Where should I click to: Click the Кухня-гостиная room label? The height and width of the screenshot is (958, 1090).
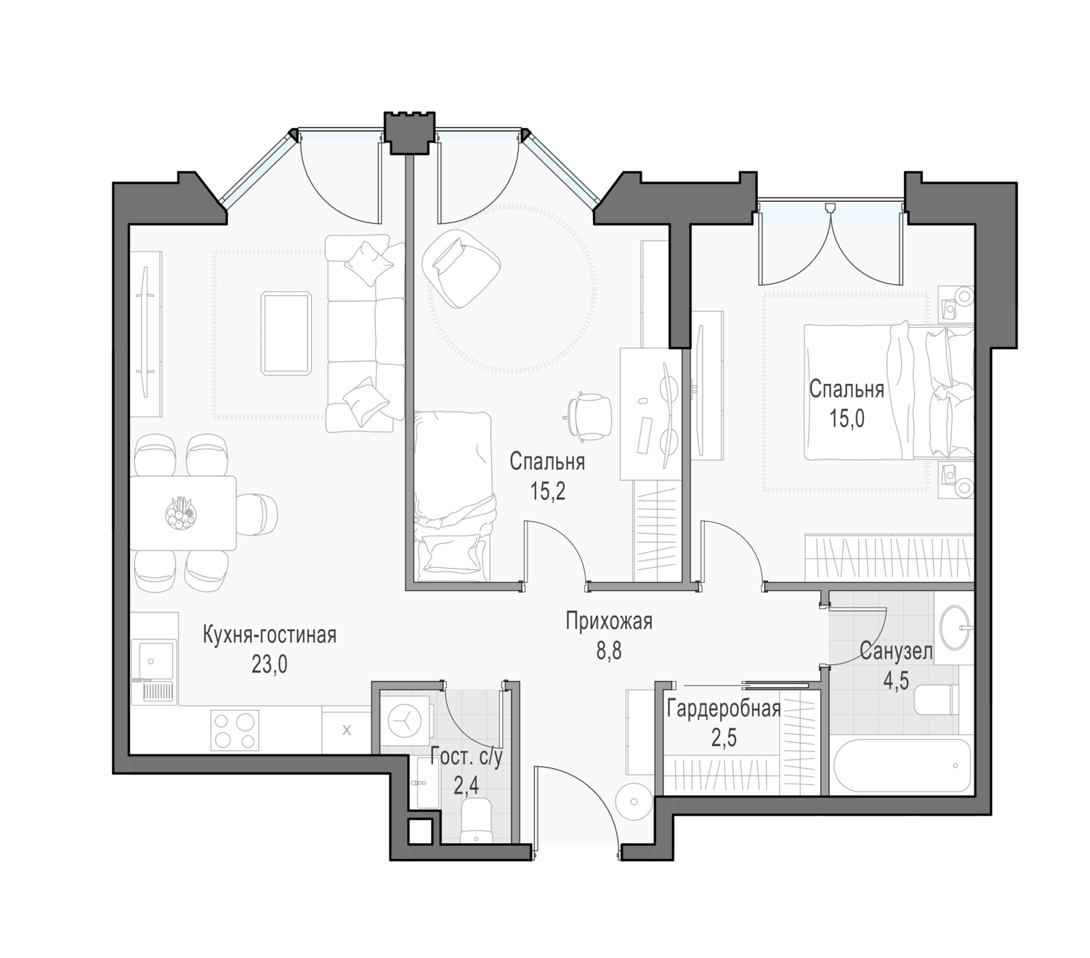tap(269, 635)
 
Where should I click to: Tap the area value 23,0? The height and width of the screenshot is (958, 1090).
tap(269, 664)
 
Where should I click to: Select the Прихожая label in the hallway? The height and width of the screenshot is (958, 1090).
tap(608, 621)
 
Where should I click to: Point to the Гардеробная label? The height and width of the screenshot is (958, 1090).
tap(723, 709)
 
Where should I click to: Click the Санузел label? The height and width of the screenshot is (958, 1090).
tap(896, 652)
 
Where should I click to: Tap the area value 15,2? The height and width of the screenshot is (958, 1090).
tap(547, 491)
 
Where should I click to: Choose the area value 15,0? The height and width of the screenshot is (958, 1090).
tap(847, 418)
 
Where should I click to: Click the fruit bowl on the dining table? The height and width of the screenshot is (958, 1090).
tap(182, 513)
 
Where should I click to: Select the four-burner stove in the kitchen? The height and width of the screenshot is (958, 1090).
tap(234, 730)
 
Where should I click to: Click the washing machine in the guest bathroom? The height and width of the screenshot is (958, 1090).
tap(405, 720)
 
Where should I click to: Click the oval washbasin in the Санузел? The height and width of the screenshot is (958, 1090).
tap(956, 627)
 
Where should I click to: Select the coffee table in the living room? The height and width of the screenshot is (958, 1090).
tap(286, 333)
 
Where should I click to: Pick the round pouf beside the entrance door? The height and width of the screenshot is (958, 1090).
tap(634, 802)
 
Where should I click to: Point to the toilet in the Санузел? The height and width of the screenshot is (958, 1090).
tap(937, 700)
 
